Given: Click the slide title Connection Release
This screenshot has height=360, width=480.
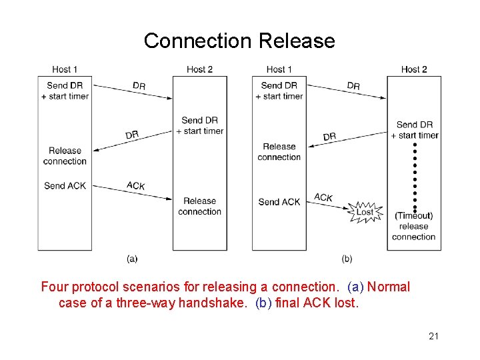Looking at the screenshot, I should click(239, 41).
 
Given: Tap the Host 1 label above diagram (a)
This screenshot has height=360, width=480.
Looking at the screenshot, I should click(65, 69).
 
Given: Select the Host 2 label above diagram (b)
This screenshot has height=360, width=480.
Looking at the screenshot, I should click(414, 69).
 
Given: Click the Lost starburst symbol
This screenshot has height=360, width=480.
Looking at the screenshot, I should click(365, 212).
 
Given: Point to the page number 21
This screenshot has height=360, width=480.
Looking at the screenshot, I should click(433, 336).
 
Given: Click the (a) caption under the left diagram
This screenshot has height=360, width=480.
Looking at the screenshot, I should click(132, 259).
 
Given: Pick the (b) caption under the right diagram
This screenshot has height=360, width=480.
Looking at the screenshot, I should click(347, 259).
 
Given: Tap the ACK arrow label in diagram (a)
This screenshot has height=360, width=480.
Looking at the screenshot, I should click(135, 185).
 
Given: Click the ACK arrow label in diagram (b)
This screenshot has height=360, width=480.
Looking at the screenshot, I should click(323, 197).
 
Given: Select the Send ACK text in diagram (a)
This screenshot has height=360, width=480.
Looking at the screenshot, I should click(65, 185).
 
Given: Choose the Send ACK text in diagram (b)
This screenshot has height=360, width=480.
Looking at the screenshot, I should click(279, 201).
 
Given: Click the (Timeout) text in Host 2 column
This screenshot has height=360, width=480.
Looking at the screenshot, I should click(413, 215).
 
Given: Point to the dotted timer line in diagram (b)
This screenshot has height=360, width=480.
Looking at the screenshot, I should click(414, 173).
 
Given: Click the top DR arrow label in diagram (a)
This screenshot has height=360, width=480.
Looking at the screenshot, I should click(139, 86).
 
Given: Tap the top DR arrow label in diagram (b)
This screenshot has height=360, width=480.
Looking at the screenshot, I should click(353, 86).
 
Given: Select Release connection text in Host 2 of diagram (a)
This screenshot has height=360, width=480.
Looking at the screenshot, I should click(199, 206).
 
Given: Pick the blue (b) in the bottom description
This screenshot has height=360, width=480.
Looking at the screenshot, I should click(264, 303).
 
